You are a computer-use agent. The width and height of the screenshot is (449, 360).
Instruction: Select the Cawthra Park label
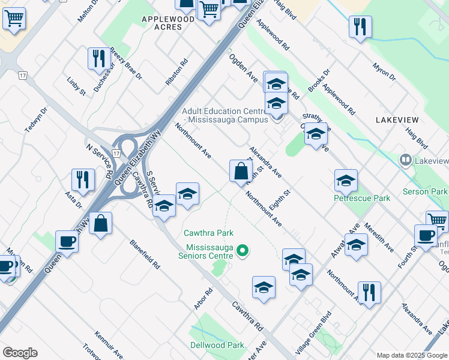pyautogui.click(x=209, y=233)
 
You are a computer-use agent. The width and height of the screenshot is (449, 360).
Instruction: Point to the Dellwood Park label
pyautogui.click(x=217, y=345)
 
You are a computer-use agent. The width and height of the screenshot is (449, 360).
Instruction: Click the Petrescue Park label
pyautogui.click(x=362, y=198)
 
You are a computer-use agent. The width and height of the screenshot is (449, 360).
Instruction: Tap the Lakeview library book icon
pyautogui.click(x=406, y=160)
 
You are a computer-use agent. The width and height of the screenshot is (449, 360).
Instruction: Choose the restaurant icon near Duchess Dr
pyautogui.click(x=98, y=59)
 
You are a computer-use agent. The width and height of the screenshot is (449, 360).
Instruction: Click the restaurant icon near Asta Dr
pyautogui.click(x=83, y=179)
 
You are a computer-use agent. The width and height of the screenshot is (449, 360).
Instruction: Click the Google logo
pyautogui.click(x=20, y=353)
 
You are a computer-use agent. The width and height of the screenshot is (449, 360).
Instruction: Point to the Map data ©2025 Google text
pyautogui.click(x=412, y=355)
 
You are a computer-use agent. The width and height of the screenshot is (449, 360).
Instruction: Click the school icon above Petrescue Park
pyautogui.click(x=346, y=180)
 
